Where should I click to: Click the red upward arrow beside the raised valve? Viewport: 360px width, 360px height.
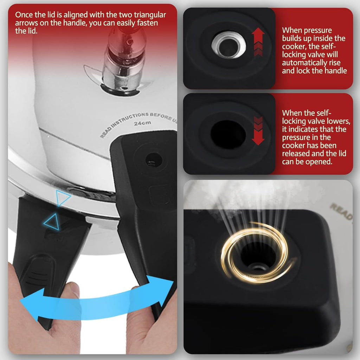[x=258, y=42]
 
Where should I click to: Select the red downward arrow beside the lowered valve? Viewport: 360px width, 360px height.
[x=258, y=131]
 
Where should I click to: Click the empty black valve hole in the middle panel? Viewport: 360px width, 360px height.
[x=228, y=134]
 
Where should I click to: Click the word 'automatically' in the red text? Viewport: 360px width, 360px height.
[x=311, y=63]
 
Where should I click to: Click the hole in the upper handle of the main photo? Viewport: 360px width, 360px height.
[x=154, y=160]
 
